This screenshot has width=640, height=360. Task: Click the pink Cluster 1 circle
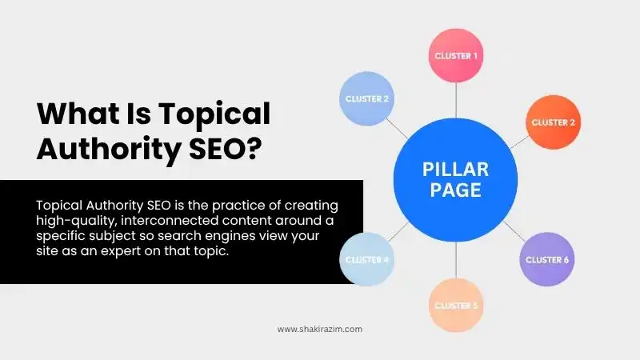coord(456,56)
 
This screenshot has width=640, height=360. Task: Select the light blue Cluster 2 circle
coord(366,99)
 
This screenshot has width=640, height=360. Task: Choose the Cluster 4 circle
coord(366,260)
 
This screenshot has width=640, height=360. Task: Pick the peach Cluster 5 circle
coord(456,305)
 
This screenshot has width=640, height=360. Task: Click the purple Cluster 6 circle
coord(547,259)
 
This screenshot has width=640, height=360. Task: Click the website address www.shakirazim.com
coord(320,329)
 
